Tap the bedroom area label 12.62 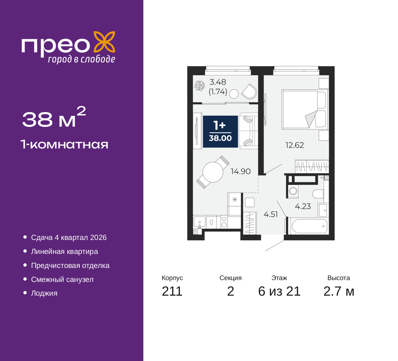295,145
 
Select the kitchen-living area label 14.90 241,171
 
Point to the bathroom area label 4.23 303,207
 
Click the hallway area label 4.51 271,214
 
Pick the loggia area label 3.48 218,82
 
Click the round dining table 213,172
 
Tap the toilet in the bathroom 318,194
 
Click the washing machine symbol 293,191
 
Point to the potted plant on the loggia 199,86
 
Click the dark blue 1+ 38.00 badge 220,132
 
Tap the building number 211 172,291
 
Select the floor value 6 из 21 279,291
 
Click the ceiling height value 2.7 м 339,291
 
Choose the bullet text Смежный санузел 62,279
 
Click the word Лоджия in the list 44,293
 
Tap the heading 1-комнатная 64,145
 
